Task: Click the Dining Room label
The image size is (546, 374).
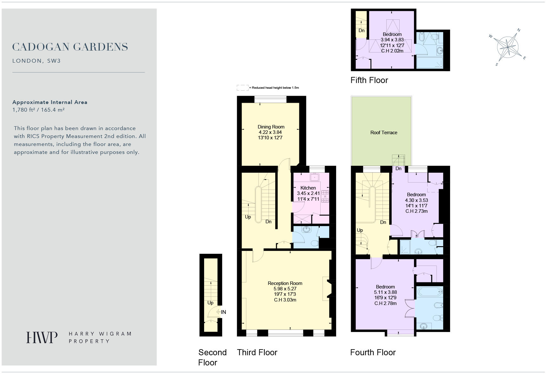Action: [x=271, y=127]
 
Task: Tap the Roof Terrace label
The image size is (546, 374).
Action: [x=383, y=133]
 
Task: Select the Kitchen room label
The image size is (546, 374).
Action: [x=308, y=188]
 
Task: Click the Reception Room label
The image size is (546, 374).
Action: [x=285, y=283]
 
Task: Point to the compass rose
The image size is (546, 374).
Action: [x=508, y=47]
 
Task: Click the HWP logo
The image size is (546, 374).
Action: [x=42, y=337]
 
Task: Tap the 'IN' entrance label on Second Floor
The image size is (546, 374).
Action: [x=223, y=312]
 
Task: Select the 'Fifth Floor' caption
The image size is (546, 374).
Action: [x=369, y=80]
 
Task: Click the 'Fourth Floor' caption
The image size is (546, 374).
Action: [x=373, y=352]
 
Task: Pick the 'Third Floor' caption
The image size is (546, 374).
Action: [x=257, y=352]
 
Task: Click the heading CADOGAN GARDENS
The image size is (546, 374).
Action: [x=70, y=47]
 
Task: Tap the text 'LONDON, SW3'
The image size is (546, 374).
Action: [x=36, y=61]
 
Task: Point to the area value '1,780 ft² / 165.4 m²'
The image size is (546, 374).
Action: [x=38, y=110]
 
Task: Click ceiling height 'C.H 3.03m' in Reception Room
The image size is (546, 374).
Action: [x=285, y=300]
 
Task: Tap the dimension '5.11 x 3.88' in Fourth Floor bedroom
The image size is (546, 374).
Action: [x=385, y=292]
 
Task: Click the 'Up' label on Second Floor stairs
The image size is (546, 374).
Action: [x=210, y=303]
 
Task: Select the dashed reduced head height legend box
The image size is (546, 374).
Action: [x=243, y=88]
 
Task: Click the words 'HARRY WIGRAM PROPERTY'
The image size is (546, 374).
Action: [x=100, y=337]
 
